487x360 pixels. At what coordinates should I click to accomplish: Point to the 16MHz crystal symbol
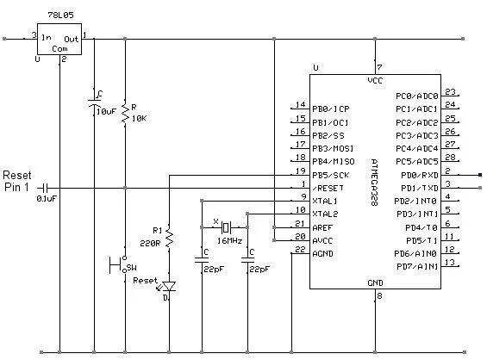point(225,227)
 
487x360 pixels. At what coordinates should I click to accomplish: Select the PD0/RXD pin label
point(415,175)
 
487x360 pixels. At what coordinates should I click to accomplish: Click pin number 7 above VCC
point(380,66)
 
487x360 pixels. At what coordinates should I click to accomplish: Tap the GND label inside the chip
point(375,282)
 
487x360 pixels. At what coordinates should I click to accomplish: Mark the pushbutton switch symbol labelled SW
point(120,263)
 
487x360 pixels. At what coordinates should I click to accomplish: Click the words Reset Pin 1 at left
point(17,179)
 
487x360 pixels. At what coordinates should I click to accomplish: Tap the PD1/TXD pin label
point(415,188)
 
